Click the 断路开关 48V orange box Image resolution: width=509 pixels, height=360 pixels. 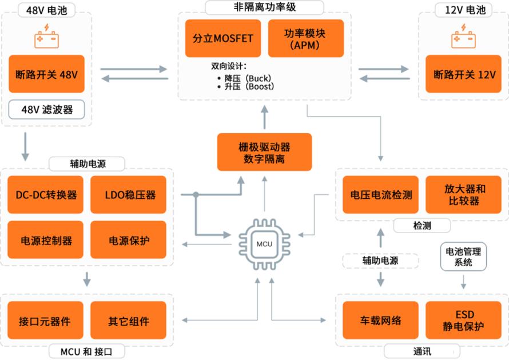point(46,74)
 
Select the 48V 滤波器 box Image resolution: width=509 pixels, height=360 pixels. point(46,109)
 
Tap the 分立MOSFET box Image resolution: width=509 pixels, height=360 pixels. point(223,39)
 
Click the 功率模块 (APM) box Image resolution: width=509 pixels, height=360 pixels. point(305,39)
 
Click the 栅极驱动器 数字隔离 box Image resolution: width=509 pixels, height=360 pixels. point(264,152)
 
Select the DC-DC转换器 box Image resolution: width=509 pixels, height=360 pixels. point(46,195)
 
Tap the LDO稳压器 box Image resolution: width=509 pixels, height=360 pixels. point(129,195)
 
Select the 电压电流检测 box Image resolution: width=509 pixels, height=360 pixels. point(381,195)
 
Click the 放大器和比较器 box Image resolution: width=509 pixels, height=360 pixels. point(464,195)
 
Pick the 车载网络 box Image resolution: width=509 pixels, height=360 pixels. point(381,321)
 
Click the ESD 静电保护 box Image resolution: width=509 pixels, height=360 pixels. point(464,321)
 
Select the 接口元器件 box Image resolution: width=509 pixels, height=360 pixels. point(46,321)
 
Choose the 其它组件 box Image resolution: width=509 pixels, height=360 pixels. point(129,321)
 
